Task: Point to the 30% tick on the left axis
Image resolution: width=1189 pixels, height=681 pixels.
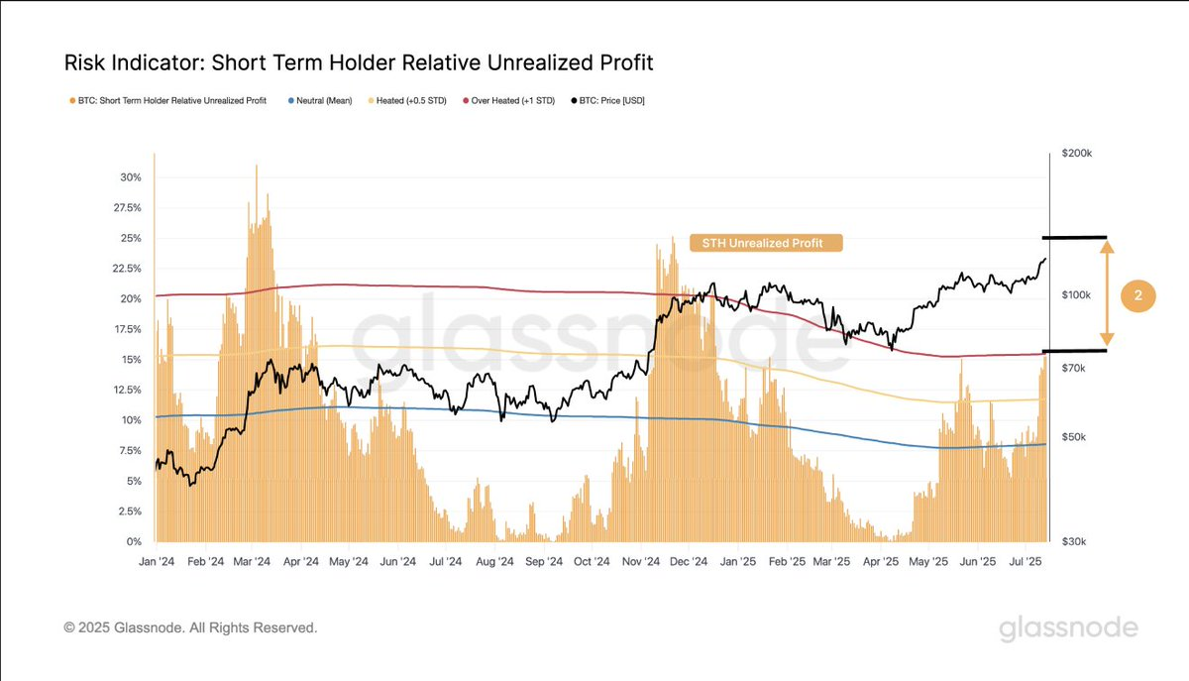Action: click(x=131, y=177)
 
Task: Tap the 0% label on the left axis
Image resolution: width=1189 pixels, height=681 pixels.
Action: click(x=134, y=542)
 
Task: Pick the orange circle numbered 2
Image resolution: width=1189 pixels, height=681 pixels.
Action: click(x=1138, y=296)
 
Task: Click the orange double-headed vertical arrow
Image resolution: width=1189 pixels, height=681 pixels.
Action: click(x=1108, y=294)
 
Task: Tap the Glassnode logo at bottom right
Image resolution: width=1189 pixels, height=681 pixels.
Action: click(x=1068, y=628)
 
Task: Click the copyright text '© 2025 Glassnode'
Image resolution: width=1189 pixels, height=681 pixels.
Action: click(x=190, y=627)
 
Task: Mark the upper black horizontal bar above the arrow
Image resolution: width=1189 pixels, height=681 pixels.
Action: click(x=1074, y=238)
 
